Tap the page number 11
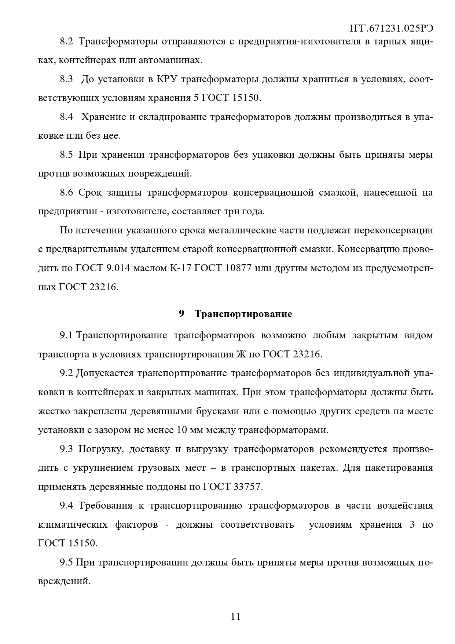236,616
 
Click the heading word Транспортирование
243,314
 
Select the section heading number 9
181,314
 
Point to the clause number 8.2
67,41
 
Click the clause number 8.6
67,192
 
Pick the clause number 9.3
67,449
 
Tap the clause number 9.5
67,562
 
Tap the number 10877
238,268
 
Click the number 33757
248,487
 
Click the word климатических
73,524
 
